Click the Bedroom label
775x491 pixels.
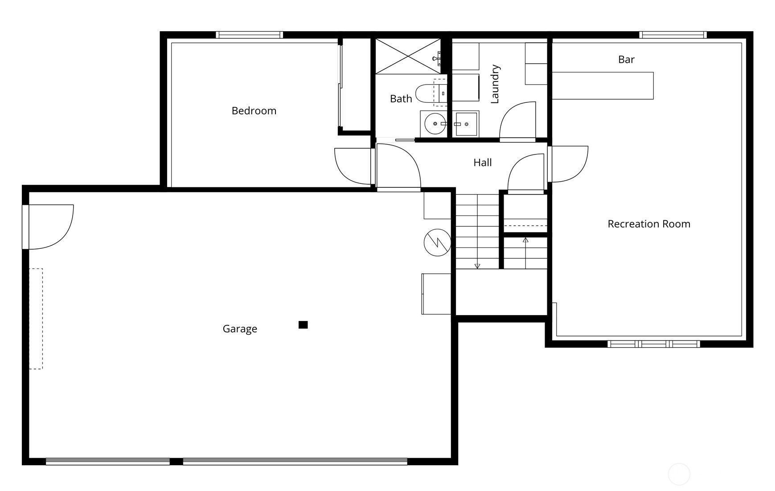(254, 111)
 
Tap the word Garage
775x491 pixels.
(240, 329)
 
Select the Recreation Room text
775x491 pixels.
(649, 224)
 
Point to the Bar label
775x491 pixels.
(626, 60)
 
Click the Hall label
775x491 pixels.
(483, 163)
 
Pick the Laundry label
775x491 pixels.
(495, 84)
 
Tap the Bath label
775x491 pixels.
(401, 99)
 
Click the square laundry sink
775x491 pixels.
(466, 124)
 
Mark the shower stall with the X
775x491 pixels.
(408, 56)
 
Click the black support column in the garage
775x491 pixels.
(303, 325)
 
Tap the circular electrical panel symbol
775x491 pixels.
(438, 243)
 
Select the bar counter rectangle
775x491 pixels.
(603, 85)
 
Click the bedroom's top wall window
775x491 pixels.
(249, 35)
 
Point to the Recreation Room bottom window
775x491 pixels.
(653, 344)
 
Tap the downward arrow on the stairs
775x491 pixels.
(477, 266)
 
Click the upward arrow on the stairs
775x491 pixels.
(525, 240)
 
